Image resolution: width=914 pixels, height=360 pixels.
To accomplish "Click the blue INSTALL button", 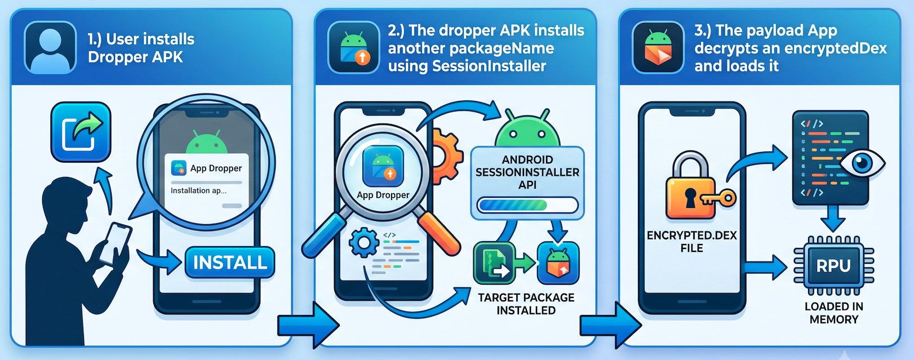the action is (x=230, y=263).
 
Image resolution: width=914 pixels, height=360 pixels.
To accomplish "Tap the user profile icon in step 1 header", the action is (x=50, y=47).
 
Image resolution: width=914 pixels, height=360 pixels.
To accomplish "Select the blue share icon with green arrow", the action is (x=81, y=132).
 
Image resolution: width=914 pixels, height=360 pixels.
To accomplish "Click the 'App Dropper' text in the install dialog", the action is (x=216, y=168).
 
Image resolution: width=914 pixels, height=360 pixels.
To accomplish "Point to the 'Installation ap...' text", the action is (x=198, y=190).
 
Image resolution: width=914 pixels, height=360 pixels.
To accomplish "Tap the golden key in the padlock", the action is (x=718, y=199).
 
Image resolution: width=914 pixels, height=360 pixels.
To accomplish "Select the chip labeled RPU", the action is (x=833, y=266).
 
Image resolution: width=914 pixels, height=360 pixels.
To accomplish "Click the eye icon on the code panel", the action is (x=862, y=163).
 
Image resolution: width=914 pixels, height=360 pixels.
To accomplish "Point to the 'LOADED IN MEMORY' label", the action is (x=833, y=313).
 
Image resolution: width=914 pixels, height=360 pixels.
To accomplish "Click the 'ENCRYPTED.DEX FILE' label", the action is (x=691, y=242).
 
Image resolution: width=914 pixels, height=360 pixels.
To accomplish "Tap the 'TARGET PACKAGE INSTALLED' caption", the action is (x=526, y=304).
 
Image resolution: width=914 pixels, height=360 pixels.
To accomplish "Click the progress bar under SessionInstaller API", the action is (x=527, y=205).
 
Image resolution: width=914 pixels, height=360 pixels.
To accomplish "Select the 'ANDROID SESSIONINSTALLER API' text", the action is (x=527, y=172).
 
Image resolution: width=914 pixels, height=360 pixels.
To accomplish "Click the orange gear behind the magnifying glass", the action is (x=447, y=156).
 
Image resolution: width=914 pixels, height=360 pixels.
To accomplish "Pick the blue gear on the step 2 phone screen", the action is (x=363, y=243).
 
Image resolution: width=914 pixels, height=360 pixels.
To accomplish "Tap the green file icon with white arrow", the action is (x=494, y=263).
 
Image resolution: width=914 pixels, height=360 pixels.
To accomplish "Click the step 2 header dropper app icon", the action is (x=354, y=47).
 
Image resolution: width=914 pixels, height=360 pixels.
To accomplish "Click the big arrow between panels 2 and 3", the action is (x=610, y=325).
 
